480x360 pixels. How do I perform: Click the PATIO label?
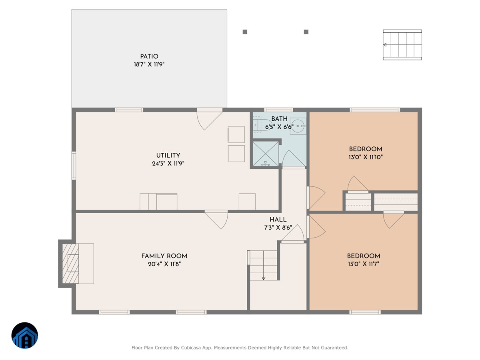[x=149, y=56]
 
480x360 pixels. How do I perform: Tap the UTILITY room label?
[x=168, y=156]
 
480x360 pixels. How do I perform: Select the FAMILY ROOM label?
[x=164, y=256]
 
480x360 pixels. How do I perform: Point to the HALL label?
[x=278, y=220]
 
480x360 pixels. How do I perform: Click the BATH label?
[x=279, y=119]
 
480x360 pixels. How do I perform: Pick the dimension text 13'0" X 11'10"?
[x=366, y=157]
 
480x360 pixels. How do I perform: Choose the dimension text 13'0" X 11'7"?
[x=364, y=264]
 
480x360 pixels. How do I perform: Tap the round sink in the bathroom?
[x=298, y=126]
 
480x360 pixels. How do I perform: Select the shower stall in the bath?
[x=266, y=154]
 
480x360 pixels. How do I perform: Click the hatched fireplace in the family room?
[x=70, y=263]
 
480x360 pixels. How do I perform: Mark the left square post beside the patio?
[x=245, y=32]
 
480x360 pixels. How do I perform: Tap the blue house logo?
[x=25, y=335]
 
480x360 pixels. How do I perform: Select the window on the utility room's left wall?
[x=74, y=166]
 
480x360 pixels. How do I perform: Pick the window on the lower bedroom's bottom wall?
[x=365, y=312]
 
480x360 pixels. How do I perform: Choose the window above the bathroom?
[x=278, y=110]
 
